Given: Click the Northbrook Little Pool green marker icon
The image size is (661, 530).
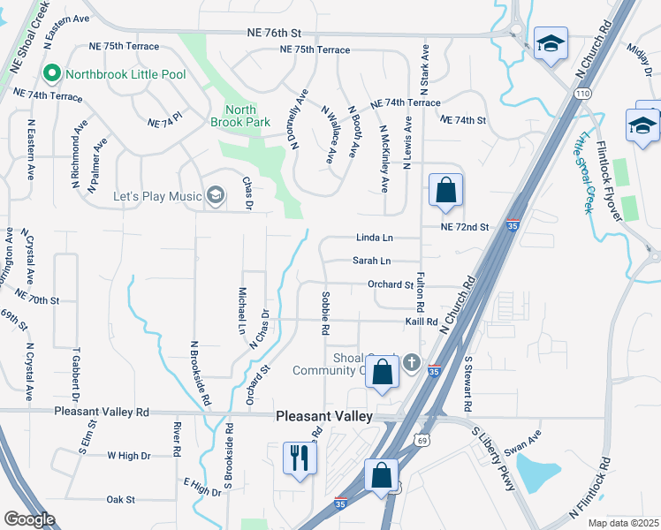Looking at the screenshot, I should (51, 74).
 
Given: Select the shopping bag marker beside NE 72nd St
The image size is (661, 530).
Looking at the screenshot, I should (446, 190).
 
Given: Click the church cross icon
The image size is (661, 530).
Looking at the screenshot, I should (411, 362).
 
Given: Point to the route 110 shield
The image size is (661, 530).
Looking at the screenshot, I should (583, 93).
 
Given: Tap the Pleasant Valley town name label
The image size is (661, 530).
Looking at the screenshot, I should (324, 416).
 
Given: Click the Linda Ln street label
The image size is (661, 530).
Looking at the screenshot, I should (374, 238).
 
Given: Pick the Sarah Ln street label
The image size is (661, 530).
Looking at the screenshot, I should (371, 261).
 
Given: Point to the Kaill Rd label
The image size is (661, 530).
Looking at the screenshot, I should (422, 322).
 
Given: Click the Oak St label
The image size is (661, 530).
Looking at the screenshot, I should (120, 499).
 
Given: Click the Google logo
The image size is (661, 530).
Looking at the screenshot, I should (29, 519).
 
